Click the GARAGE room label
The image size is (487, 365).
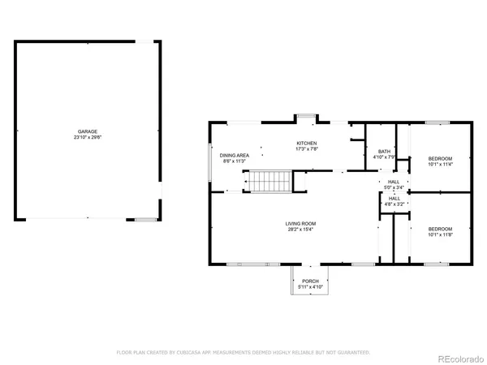pyautogui.click(x=87, y=131)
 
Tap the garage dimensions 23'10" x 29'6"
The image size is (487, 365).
pyautogui.click(x=87, y=137)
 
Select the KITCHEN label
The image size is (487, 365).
pyautogui.click(x=307, y=143)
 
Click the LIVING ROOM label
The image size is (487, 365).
pyautogui.click(x=299, y=223)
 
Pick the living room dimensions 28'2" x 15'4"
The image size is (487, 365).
pyautogui.click(x=299, y=230)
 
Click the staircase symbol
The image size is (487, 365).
pyautogui.click(x=269, y=182)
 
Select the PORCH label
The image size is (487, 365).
pyautogui.click(x=311, y=280)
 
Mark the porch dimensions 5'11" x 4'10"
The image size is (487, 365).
pyautogui.click(x=311, y=286)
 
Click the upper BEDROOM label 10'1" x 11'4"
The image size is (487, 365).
pyautogui.click(x=439, y=157)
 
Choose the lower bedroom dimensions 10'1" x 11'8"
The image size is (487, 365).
pyautogui.click(x=439, y=234)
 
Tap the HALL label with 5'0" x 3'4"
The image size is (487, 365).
pyautogui.click(x=394, y=182)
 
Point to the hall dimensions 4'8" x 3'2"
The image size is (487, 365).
pyautogui.click(x=394, y=204)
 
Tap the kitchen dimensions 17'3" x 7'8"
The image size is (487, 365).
pyautogui.click(x=307, y=149)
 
